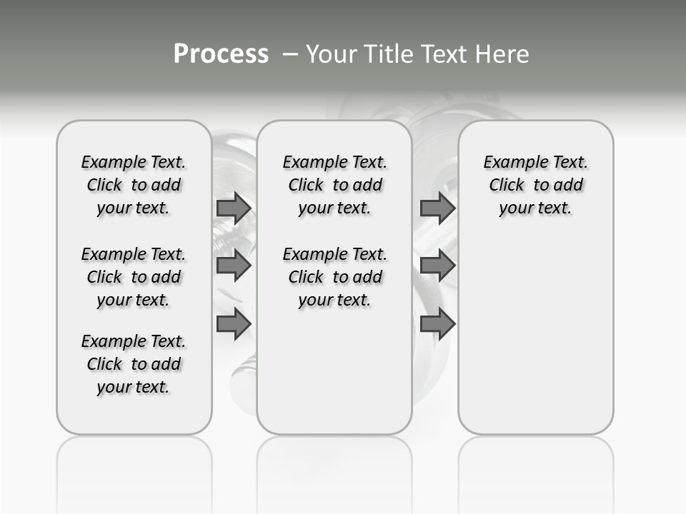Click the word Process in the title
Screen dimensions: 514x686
pos(221,54)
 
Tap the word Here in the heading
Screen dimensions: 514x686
pos(502,54)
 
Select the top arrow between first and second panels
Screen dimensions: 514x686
pos(234,208)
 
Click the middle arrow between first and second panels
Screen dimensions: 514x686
pos(234,266)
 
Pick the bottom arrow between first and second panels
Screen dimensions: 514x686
pos(234,324)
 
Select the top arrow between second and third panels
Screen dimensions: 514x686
pos(437,208)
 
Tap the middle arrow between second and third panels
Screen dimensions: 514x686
pos(437,266)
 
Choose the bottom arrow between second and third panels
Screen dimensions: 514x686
pos(437,324)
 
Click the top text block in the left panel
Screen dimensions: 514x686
pos(134,185)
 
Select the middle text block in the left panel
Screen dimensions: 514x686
pos(134,277)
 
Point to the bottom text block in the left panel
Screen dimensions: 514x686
pos(134,364)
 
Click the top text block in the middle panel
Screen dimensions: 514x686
pos(335,185)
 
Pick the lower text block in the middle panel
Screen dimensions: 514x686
pos(335,277)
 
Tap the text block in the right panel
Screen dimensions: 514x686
pos(536,185)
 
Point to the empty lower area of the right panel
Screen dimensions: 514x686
pos(536,336)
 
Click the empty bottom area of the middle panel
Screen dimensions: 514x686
pos(334,378)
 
